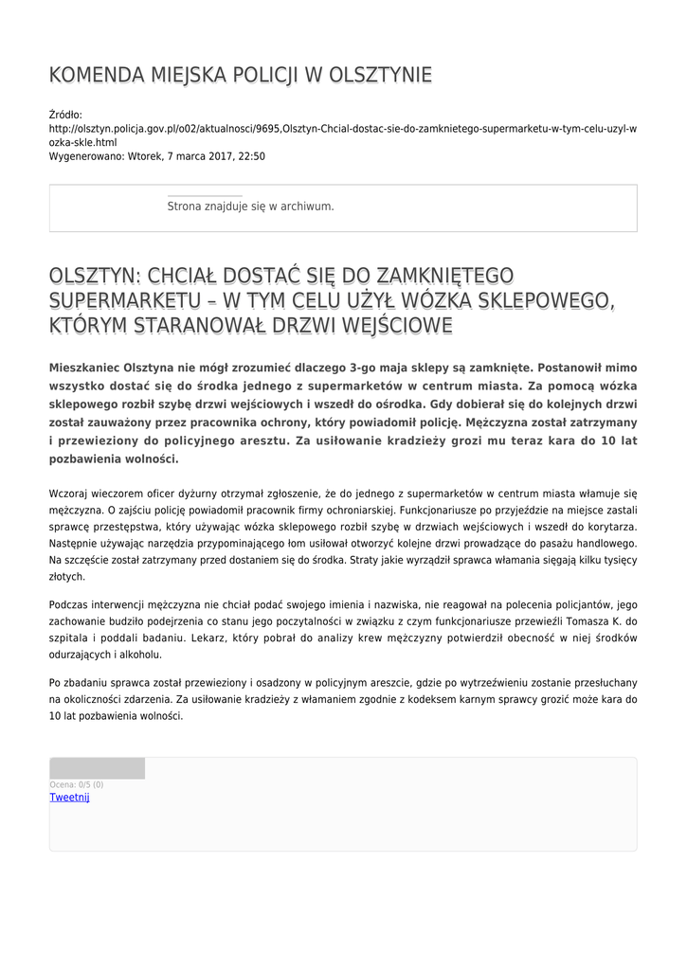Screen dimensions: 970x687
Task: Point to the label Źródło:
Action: pyautogui.click(x=65, y=114)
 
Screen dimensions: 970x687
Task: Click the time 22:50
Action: pyautogui.click(x=251, y=156)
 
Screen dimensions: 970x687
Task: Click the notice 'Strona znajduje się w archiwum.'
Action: pyautogui.click(x=250, y=206)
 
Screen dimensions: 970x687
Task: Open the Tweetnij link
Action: pyautogui.click(x=69, y=798)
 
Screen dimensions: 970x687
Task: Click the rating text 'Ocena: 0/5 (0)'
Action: pyautogui.click(x=76, y=784)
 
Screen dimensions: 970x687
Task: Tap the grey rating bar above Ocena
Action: pyautogui.click(x=97, y=768)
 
